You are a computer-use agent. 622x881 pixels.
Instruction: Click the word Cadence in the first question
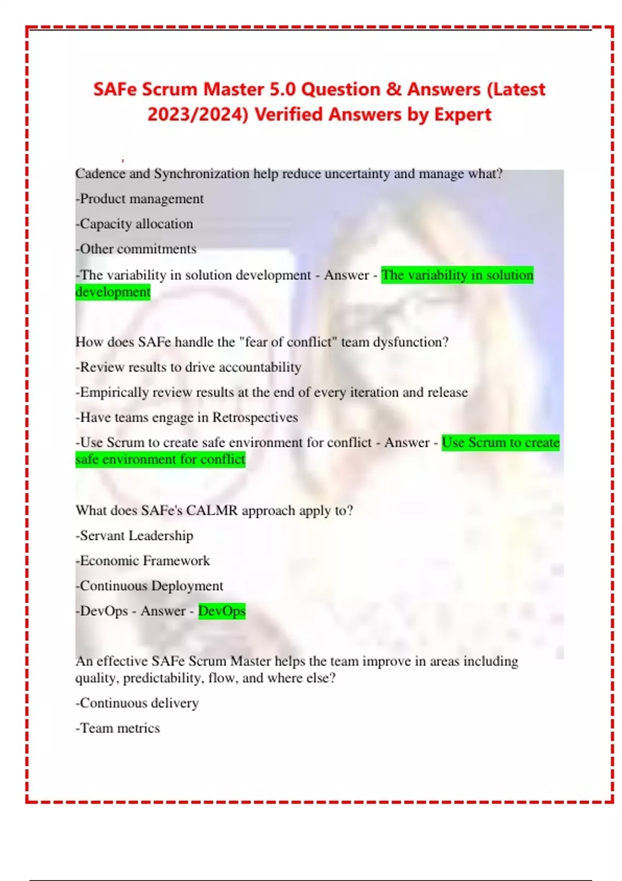click(x=101, y=174)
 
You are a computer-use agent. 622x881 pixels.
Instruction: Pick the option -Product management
click(x=139, y=199)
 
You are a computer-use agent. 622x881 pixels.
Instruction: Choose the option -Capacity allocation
click(x=134, y=224)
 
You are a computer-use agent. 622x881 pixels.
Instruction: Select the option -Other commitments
click(x=136, y=249)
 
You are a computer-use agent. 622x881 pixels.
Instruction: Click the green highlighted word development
click(x=113, y=292)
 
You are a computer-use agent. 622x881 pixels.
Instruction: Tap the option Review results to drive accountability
click(x=189, y=367)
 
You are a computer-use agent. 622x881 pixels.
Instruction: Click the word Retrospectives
click(x=255, y=418)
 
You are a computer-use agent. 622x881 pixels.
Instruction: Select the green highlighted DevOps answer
click(x=222, y=611)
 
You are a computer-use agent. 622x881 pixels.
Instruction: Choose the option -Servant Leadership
click(x=134, y=536)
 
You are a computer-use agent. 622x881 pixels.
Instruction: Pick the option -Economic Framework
click(x=143, y=561)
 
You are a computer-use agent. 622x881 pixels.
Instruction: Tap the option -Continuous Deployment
click(x=149, y=586)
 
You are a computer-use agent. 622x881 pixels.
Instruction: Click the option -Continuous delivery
click(x=137, y=703)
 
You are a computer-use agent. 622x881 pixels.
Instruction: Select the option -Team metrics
click(x=118, y=728)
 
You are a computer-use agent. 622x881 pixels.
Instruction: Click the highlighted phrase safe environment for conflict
click(x=160, y=460)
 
